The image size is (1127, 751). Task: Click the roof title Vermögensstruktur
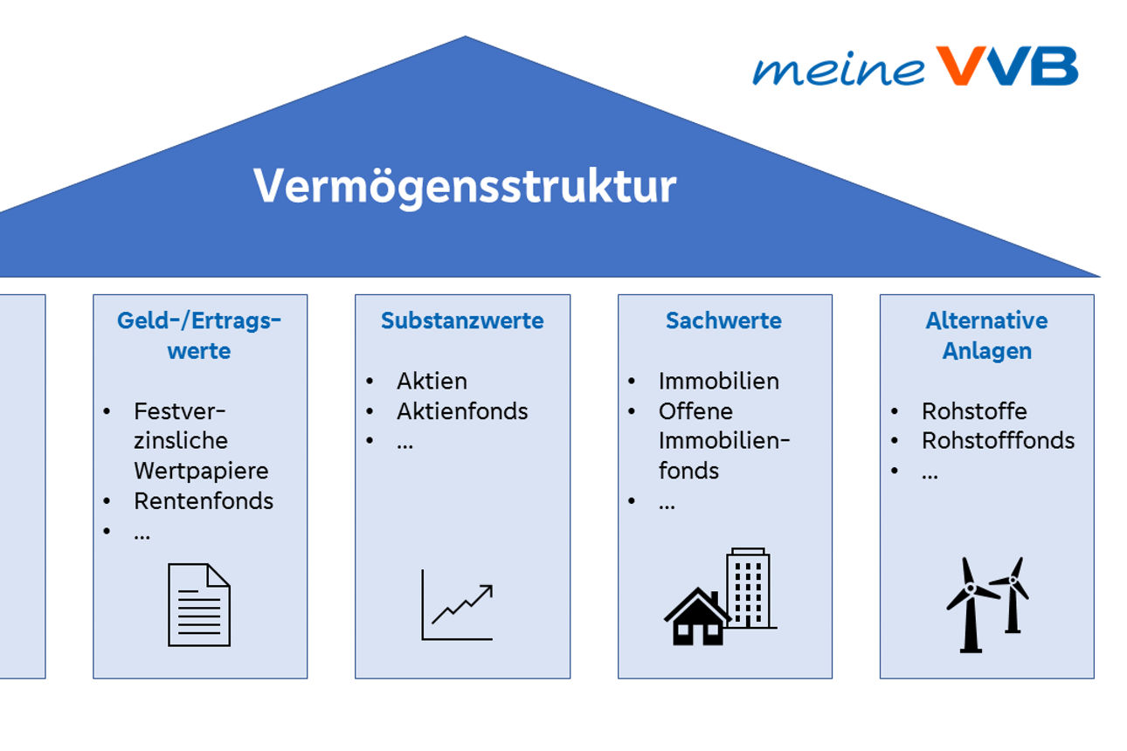click(x=465, y=186)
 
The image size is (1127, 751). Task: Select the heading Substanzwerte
click(x=462, y=320)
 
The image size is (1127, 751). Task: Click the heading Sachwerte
click(x=723, y=320)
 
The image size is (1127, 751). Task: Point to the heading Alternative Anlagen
click(x=986, y=335)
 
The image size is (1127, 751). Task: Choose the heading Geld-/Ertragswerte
click(x=199, y=335)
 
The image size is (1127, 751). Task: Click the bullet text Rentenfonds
click(x=204, y=500)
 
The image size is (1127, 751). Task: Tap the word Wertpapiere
click(x=201, y=471)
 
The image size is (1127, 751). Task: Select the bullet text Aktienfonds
click(x=462, y=411)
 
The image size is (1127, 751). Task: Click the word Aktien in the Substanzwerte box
click(x=432, y=381)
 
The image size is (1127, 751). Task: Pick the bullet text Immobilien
click(x=719, y=381)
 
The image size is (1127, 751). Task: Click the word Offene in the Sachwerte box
click(x=695, y=411)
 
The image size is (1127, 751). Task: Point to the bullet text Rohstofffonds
click(x=998, y=440)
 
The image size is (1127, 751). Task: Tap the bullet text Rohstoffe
click(x=974, y=411)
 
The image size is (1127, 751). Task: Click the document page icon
click(x=199, y=604)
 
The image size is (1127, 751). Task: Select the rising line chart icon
click(x=458, y=605)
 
